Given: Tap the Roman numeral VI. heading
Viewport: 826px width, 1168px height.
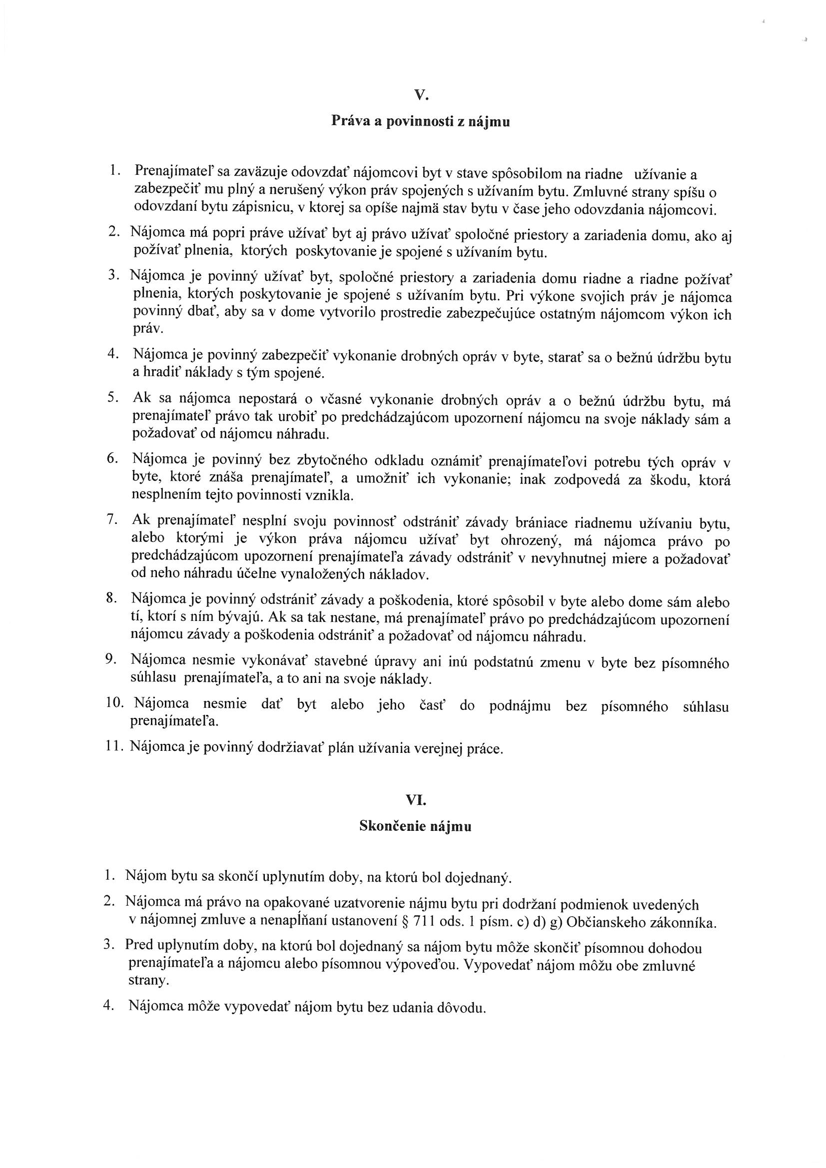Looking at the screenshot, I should pyautogui.click(x=415, y=800).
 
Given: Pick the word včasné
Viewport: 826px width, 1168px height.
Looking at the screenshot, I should pyautogui.click(x=331, y=399).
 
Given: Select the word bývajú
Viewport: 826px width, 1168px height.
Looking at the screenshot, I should pyautogui.click(x=238, y=618).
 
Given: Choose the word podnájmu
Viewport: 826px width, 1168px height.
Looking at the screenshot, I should pyautogui.click(x=520, y=706).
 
